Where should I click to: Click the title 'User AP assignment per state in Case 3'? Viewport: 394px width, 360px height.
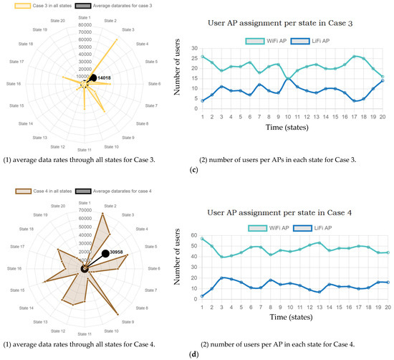pos(296,25)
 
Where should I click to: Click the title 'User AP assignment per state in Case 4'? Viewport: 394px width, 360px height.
pos(296,214)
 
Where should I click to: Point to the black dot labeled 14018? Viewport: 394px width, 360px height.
pos(92,77)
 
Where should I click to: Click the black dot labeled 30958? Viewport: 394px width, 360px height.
pos(105,253)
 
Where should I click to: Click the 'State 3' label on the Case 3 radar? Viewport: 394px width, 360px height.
pos(130,29)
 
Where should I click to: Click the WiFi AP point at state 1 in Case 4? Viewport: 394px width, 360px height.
pos(203,239)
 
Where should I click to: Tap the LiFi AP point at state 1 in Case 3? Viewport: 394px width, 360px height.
pos(203,100)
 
